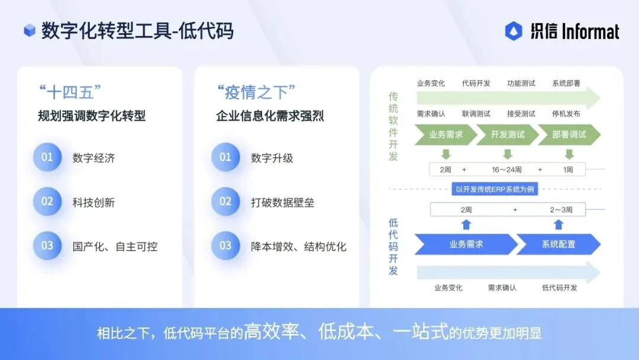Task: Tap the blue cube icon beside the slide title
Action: click(30, 30)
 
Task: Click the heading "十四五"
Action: click(70, 93)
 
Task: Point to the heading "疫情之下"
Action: click(256, 93)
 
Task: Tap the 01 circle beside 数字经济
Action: click(47, 157)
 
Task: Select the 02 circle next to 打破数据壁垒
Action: click(225, 202)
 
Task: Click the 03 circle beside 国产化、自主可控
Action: click(47, 246)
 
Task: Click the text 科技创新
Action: click(93, 202)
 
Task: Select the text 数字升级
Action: click(272, 158)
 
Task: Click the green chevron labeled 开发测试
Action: click(508, 134)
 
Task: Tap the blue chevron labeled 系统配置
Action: click(558, 244)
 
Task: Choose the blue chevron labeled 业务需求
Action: click(466, 244)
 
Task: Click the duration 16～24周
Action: click(506, 170)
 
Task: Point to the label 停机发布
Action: click(566, 114)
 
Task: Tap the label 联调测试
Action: click(476, 114)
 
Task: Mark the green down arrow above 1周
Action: click(569, 155)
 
